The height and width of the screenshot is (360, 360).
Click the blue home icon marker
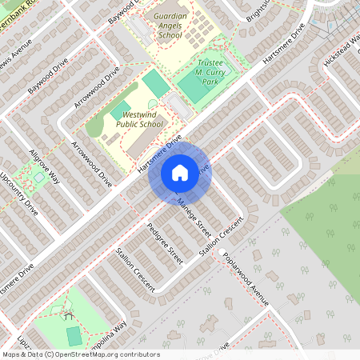(x=179, y=171)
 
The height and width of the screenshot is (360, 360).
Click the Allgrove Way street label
(x=46, y=166)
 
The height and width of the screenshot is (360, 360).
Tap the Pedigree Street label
(x=165, y=239)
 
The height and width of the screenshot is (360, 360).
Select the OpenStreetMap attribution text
(x=80, y=354)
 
